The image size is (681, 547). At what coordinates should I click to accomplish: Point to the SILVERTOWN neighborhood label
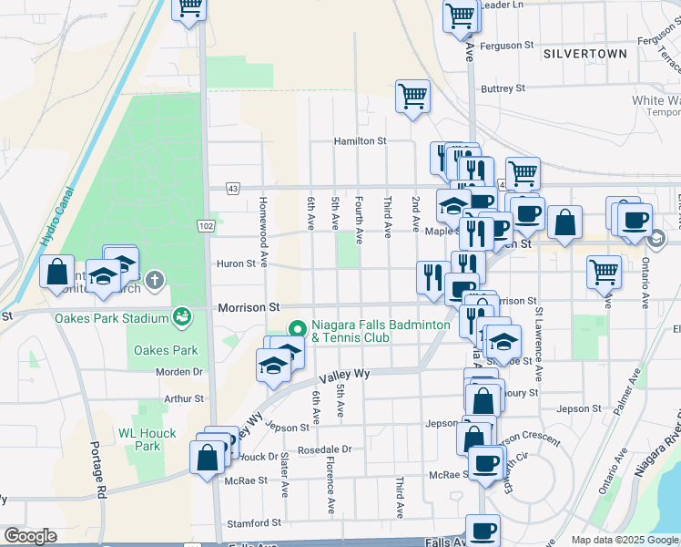(584, 54)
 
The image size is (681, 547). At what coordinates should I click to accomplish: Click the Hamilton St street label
(361, 141)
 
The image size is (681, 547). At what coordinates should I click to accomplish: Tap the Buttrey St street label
(503, 88)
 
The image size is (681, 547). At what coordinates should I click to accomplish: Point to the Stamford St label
(254, 523)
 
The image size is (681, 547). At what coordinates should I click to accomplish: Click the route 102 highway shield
(206, 225)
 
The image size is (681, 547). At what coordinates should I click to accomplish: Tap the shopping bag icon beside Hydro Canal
(56, 271)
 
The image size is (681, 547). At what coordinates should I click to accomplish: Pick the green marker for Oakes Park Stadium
(182, 317)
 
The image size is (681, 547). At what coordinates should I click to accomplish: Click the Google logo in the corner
(30, 536)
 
